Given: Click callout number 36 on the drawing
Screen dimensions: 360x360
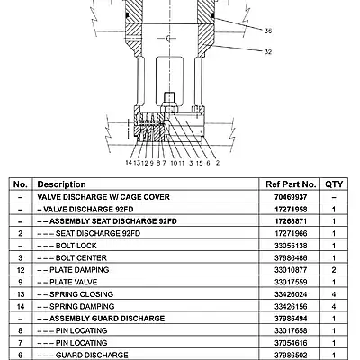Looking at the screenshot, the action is (x=268, y=31).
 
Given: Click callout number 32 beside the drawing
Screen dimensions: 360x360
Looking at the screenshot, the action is (x=268, y=51).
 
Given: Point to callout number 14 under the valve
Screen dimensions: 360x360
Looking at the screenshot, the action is (x=129, y=163).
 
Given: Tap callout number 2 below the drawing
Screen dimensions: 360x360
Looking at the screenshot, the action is (x=218, y=163).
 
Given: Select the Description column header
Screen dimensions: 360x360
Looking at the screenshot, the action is (x=61, y=184).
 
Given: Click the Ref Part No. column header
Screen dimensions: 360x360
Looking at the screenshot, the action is (x=291, y=184).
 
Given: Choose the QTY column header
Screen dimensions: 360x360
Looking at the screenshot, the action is (x=334, y=184).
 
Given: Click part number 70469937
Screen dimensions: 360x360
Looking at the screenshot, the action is (x=291, y=197).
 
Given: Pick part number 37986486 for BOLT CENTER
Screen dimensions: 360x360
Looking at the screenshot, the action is (x=291, y=258).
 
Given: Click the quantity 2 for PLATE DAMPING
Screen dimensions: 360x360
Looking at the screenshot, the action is (x=334, y=270).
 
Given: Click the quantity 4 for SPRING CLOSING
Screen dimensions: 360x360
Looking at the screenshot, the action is (x=334, y=294).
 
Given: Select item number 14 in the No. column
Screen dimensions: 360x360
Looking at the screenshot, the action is (x=21, y=306).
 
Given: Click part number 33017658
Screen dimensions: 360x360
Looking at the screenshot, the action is (x=291, y=330).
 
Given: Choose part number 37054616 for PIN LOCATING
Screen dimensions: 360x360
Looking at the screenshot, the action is (x=291, y=343).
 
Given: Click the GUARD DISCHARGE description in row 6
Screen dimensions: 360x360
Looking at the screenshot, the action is (x=92, y=355).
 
